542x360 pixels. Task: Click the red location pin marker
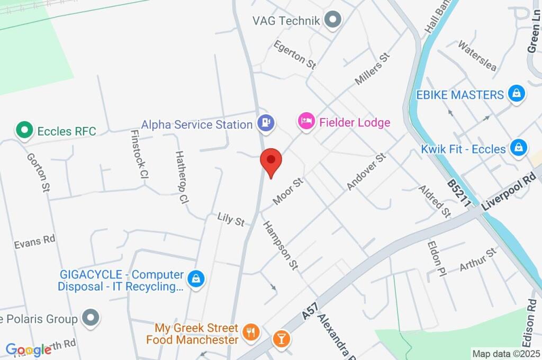(x=272, y=160)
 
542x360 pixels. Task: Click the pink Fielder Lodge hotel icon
(x=306, y=122)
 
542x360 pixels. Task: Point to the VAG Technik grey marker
(x=333, y=21)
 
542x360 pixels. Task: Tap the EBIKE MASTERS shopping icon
(x=516, y=94)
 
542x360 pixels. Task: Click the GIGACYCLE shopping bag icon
(x=196, y=278)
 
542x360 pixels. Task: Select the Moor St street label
(x=288, y=191)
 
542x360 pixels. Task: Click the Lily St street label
(x=231, y=219)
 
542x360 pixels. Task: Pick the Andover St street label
(x=366, y=172)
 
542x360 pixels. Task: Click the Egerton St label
(x=295, y=55)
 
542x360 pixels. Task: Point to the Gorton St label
(x=38, y=172)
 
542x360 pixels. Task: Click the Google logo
(x=29, y=349)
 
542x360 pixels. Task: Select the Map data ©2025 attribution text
(x=507, y=354)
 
